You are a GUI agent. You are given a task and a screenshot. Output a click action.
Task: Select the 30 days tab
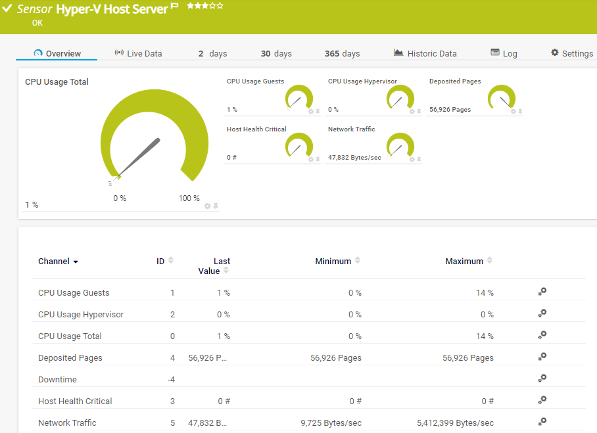pos(276,53)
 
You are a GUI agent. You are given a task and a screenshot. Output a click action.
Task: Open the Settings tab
pos(572,53)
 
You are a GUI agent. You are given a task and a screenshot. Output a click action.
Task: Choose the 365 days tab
pos(342,53)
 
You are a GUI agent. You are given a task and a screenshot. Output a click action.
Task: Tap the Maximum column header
pos(464,262)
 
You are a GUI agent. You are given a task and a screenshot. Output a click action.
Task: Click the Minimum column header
pos(333,262)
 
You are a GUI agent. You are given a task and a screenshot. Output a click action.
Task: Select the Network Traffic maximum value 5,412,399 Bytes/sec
pos(455,423)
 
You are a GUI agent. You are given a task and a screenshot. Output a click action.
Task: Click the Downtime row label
pos(57,380)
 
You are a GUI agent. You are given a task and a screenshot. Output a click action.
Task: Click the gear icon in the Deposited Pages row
pos(542,357)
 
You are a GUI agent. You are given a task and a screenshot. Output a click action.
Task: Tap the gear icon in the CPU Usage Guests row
pos(542,292)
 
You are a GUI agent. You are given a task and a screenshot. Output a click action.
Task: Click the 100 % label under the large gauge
pos(189,198)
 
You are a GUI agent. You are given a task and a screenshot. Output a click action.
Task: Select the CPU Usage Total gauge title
pos(57,82)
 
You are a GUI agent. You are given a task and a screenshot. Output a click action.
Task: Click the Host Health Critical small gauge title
pos(256,129)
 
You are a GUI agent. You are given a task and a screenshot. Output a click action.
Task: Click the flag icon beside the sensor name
pos(174,6)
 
